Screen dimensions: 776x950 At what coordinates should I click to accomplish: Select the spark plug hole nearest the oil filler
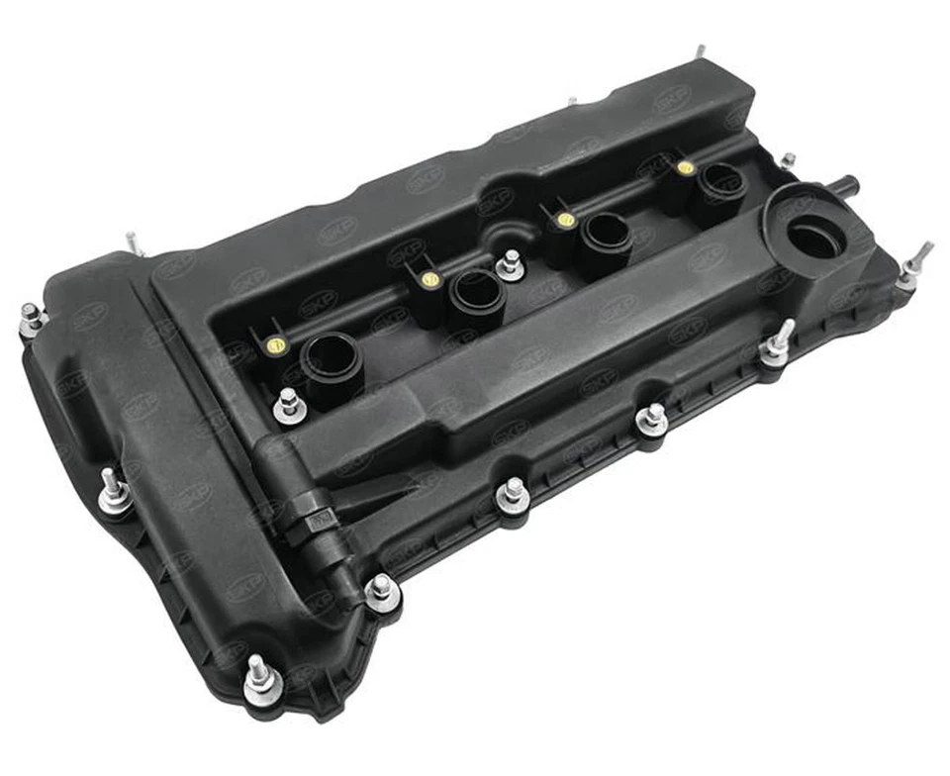pos(720,182)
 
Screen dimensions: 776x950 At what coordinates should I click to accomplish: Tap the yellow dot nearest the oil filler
pos(686,168)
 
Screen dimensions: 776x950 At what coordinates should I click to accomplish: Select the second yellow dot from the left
pos(429,280)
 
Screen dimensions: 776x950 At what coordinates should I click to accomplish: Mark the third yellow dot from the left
pos(566,219)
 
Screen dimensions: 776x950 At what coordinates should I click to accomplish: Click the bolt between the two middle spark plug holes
pos(510,264)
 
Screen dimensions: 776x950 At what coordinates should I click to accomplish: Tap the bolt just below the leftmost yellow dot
pos(288,406)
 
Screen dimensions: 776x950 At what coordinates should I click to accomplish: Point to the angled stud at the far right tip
pos(914,265)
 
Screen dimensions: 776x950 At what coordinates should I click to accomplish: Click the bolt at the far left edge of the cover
pos(32,320)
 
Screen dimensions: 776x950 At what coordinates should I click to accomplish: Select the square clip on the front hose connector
pos(318,520)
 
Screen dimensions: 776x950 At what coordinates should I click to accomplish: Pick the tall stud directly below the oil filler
pos(777,345)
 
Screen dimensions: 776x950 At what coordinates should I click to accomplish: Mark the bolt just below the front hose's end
pos(381,591)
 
